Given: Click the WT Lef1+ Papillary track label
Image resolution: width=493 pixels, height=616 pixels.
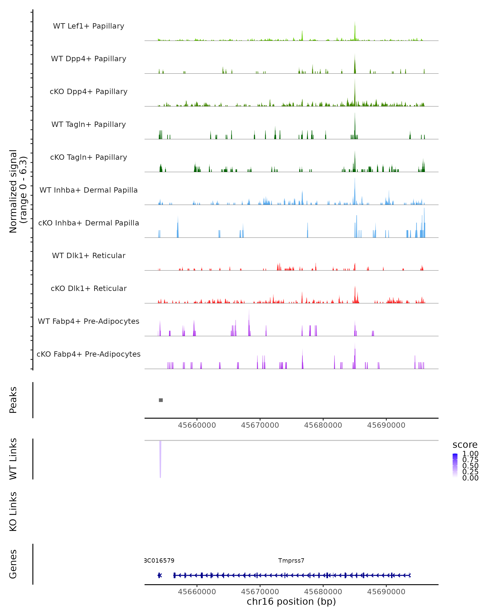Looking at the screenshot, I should tap(89, 26).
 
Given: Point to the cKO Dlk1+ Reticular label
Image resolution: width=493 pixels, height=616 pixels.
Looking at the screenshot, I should tap(89, 288).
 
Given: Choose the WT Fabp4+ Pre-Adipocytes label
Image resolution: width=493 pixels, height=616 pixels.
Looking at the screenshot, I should tap(89, 321).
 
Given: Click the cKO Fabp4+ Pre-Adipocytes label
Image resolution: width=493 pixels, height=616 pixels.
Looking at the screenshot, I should tap(89, 354).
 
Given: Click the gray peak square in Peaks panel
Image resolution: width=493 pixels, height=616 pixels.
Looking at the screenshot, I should tap(161, 400).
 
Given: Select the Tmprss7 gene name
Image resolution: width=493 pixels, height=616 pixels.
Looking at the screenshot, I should tap(291, 561).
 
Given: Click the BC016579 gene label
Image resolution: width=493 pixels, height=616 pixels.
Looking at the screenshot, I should tap(159, 561).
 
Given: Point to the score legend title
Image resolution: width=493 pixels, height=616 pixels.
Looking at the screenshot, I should tap(465, 445).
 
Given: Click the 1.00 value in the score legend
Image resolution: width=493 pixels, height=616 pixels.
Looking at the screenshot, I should tap(470, 454).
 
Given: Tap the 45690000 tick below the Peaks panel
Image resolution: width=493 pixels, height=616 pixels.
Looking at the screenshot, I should tap(386, 425).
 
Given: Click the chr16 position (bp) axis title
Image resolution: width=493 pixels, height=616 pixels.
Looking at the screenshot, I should tap(291, 601).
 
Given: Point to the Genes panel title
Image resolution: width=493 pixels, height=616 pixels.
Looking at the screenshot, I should tap(13, 564).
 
